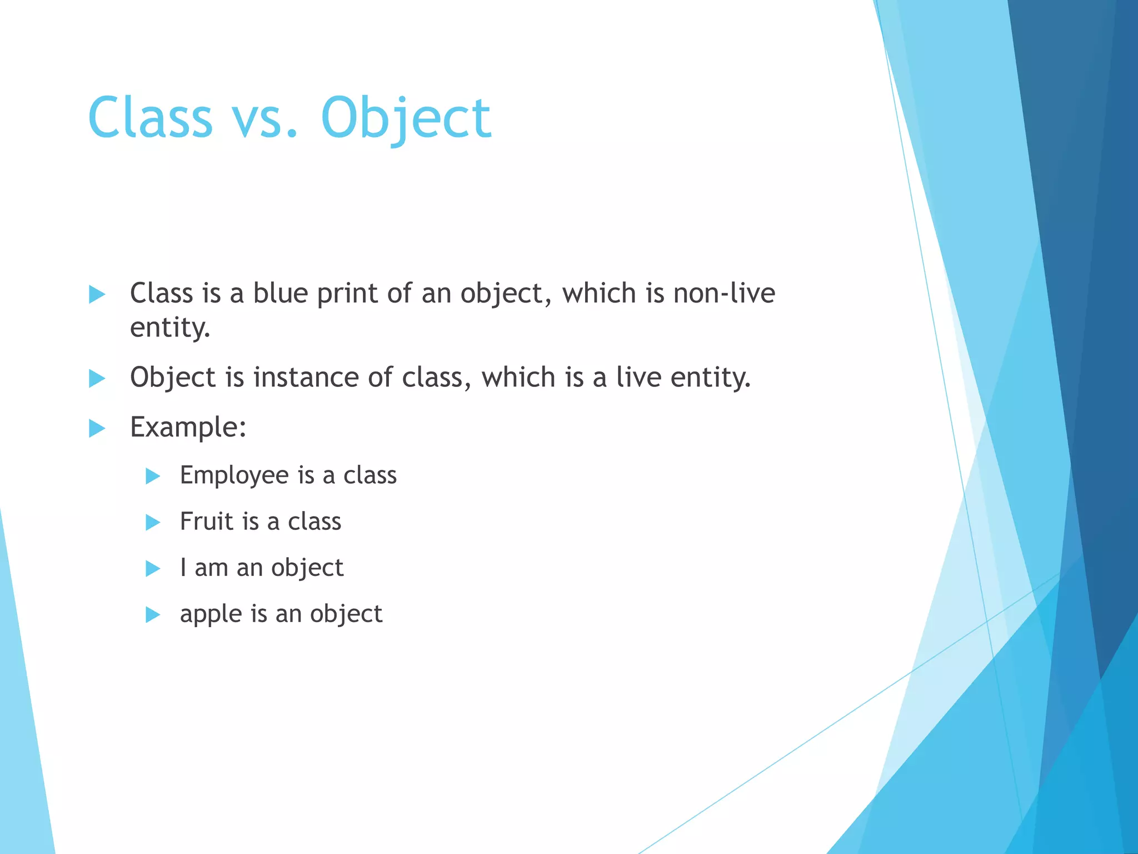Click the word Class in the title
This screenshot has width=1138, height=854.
[150, 117]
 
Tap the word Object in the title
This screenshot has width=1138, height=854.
[406, 117]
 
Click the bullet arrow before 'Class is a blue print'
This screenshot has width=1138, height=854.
[97, 294]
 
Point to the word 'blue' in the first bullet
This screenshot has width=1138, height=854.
[280, 293]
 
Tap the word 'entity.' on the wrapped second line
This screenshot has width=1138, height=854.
[170, 327]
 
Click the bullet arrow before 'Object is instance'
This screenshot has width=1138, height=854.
[97, 379]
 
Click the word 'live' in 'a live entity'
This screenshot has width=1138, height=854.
[638, 378]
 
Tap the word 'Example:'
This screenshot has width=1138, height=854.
[188, 428]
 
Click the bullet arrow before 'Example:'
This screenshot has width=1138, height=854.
[97, 429]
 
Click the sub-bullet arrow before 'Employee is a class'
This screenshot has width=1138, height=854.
[153, 476]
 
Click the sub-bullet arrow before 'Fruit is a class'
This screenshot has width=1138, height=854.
[153, 522]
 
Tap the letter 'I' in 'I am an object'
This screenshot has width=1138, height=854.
[183, 568]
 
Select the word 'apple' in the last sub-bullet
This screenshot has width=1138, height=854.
[211, 614]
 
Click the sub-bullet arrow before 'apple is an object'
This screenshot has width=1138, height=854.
[153, 614]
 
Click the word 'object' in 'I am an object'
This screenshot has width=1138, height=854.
[307, 568]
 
